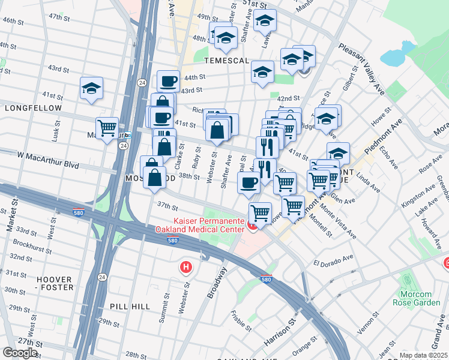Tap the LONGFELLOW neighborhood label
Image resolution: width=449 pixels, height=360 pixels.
(33, 108)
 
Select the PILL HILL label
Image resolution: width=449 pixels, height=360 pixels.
(130, 306)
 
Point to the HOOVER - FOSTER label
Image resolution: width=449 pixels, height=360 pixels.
(55, 283)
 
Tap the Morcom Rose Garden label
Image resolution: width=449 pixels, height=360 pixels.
(416, 298)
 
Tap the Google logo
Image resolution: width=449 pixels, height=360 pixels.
(20, 353)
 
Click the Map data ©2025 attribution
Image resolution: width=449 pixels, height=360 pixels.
(423, 355)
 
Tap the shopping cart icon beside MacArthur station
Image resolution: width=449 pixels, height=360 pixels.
(107, 127)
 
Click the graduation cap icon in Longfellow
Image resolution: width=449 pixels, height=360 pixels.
(91, 89)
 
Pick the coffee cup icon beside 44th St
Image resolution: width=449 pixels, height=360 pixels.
(168, 80)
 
